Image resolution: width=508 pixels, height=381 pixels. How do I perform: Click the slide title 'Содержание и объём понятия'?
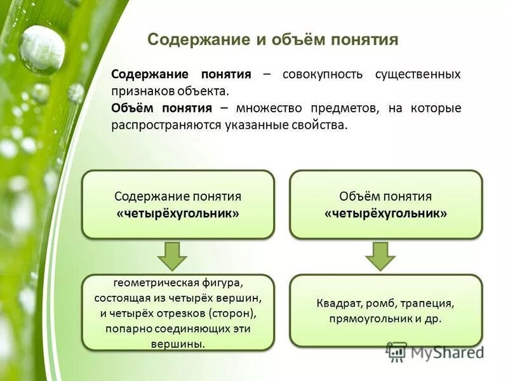click(x=272, y=41)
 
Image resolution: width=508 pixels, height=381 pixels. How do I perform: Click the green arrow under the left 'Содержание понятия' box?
click(x=173, y=256)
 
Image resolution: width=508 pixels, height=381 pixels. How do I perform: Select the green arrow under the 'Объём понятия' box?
click(x=380, y=256)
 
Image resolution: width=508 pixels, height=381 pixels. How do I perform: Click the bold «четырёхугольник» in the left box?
click(x=178, y=213)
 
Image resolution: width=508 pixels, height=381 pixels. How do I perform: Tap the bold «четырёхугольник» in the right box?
click(x=385, y=213)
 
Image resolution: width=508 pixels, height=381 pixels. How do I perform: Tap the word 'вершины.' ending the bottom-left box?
click(x=178, y=344)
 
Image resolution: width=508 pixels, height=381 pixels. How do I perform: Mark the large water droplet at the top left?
click(x=41, y=50)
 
